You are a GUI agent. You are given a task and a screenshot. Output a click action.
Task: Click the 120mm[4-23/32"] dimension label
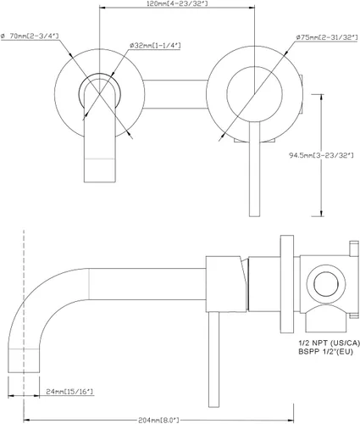point(178,3)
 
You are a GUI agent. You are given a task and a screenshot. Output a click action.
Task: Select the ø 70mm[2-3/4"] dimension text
point(30,36)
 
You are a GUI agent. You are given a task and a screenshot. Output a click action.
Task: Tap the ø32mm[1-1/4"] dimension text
point(155,45)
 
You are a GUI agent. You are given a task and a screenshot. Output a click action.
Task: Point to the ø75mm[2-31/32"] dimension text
point(327,37)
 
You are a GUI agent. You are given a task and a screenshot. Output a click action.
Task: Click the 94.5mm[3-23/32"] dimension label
point(321,155)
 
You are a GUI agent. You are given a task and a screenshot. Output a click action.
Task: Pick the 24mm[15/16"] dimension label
point(69,392)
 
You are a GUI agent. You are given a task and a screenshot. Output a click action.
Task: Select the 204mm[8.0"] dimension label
point(158,420)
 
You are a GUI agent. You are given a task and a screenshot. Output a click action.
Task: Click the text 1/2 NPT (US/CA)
point(330,343)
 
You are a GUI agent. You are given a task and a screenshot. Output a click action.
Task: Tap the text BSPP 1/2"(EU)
point(326,352)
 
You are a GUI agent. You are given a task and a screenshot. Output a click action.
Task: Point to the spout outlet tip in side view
point(24,360)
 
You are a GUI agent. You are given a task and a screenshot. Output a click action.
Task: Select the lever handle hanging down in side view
point(213,360)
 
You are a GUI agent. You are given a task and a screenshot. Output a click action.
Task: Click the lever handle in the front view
point(255,169)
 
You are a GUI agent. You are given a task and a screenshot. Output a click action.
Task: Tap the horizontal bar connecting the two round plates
point(175,94)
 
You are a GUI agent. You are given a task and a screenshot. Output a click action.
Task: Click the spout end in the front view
point(100,170)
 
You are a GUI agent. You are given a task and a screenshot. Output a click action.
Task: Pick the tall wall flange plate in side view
point(287,284)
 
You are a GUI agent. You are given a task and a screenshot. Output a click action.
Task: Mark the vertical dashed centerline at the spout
point(24,325)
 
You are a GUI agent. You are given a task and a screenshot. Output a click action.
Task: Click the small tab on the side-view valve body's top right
point(354,248)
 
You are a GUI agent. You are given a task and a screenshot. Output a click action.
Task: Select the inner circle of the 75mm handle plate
point(255,94)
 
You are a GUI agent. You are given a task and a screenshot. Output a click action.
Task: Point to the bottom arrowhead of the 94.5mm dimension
point(321,214)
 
